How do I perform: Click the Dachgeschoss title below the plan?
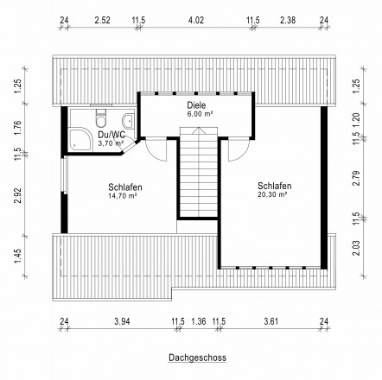pos(197,358)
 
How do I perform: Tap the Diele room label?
pos(196,104)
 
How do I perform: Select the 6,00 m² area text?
pos(200,114)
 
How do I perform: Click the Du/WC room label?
pos(111,135)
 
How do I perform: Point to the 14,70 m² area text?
pos(122,196)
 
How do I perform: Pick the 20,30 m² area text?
pos(272,194)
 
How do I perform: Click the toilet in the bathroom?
pos(101,118)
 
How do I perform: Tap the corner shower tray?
pos(81,139)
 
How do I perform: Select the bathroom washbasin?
pos(128,121)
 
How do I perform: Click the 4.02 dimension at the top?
pos(196,20)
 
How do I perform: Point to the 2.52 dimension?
pos(102,20)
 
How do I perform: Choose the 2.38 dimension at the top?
pos(288,20)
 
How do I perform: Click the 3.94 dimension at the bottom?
pos(122,321)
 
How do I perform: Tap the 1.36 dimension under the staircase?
pos(199,321)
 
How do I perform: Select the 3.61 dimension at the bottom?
pos(271,321)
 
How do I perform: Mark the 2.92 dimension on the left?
pos(18,195)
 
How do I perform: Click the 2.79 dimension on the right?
pos(356,178)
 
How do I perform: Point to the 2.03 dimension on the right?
pos(356,248)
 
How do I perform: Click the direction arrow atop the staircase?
pos(199,130)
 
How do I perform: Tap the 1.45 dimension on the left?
pos(18,256)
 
